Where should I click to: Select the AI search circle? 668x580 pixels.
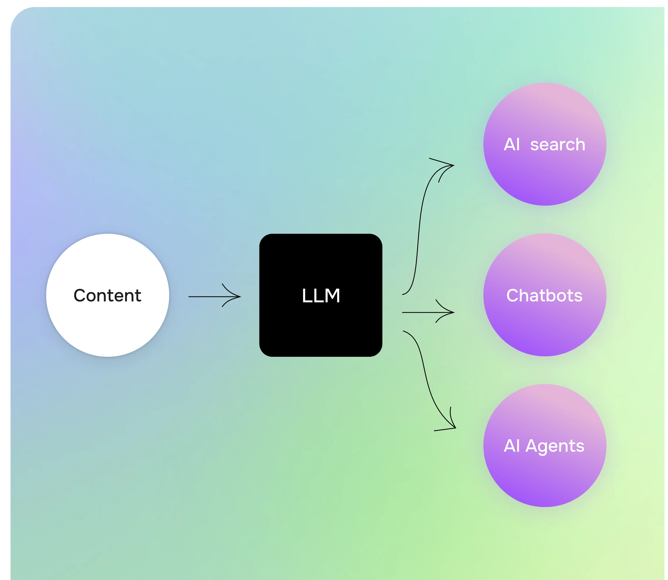pos(545,175)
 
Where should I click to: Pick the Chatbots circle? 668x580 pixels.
pos(545,327)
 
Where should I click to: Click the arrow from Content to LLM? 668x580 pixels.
pos(207,296)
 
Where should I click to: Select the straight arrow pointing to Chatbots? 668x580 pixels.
pos(421,312)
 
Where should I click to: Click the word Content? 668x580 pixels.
pos(108,295)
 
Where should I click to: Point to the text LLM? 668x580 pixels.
pos(321,296)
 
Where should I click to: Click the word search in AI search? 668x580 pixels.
pos(558,144)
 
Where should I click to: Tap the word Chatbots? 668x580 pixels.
pos(544,296)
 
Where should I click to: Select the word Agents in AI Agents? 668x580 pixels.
pos(555,446)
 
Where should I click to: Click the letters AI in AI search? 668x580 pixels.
pos(512,144)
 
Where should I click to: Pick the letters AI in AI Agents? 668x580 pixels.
pos(512,446)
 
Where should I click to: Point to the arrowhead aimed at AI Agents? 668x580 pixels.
pos(452,424)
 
